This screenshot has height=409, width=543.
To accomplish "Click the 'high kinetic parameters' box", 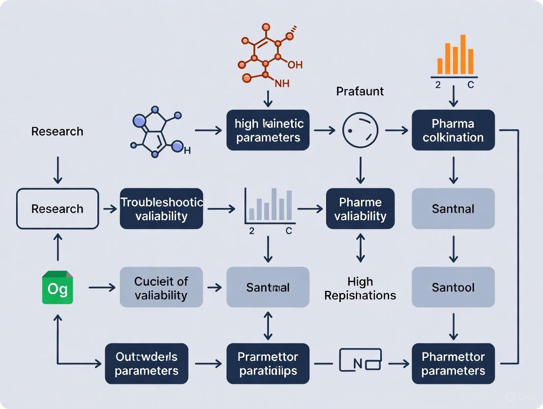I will [x=268, y=130].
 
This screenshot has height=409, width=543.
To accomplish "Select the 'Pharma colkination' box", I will [x=453, y=130].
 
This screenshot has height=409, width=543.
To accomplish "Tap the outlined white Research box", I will [x=58, y=209].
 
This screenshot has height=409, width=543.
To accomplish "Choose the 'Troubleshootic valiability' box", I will [x=161, y=209].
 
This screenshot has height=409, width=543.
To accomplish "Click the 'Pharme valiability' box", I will [x=360, y=209].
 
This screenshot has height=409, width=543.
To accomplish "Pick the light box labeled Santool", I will [x=453, y=287].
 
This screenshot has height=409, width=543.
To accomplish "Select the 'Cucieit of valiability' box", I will [x=161, y=288].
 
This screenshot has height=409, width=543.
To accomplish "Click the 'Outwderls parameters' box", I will [x=147, y=364].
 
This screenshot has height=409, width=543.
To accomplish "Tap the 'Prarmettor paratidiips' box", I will [x=268, y=364].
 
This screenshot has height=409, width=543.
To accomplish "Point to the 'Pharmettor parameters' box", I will [x=453, y=364].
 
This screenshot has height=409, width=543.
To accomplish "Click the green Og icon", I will [x=58, y=287].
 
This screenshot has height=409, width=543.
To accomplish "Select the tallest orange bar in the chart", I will [x=463, y=54].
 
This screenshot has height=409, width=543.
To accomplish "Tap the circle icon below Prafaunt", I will [x=360, y=130].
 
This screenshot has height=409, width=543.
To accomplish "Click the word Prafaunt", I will [x=360, y=91].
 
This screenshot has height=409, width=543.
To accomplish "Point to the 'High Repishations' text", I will [x=360, y=288].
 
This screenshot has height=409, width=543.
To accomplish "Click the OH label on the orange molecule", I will [x=295, y=64].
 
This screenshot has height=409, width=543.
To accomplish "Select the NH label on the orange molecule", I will [x=282, y=84].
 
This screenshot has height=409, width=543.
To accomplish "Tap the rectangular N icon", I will [x=360, y=364].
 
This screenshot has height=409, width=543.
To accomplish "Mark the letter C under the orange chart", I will [x=470, y=85].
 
